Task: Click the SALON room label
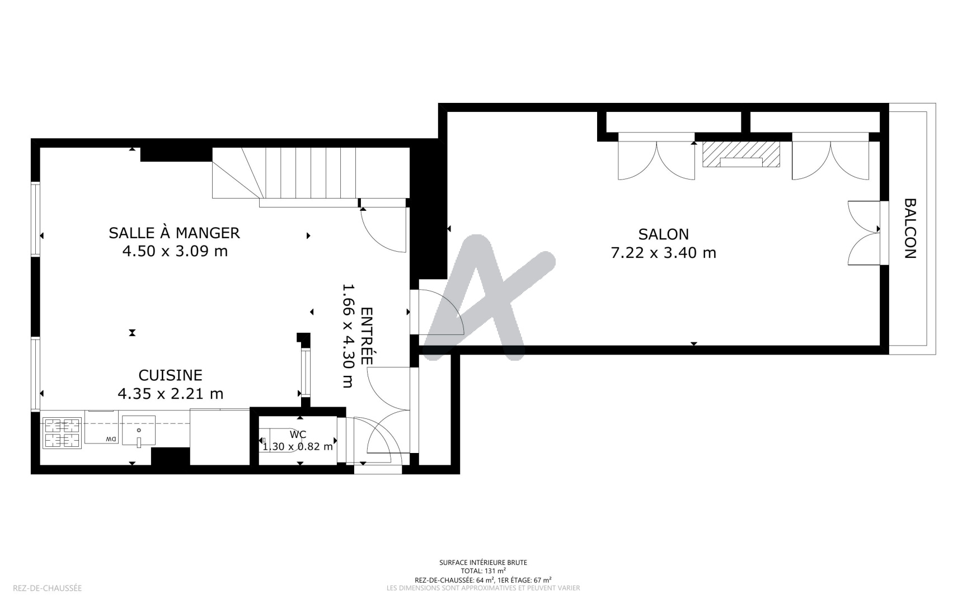pos(663,234)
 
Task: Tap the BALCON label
pos(910,229)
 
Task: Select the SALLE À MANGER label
pos(174,232)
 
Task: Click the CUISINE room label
pos(170,375)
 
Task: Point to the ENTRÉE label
pos(367,336)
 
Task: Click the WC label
pos(298,435)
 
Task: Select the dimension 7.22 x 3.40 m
pos(663,253)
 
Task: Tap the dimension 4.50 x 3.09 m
pos(175,251)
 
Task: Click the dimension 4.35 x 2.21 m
pos(170,394)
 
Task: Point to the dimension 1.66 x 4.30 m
pos(348,336)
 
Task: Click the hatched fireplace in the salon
pos(741,154)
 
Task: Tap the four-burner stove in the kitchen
pos(62,433)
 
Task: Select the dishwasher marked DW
pos(101,427)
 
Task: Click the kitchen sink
pos(138,431)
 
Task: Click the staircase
pos(311,174)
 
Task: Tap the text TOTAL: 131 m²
pos(483,571)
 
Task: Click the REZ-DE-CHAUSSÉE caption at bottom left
pos(47,588)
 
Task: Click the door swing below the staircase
pos(382,230)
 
